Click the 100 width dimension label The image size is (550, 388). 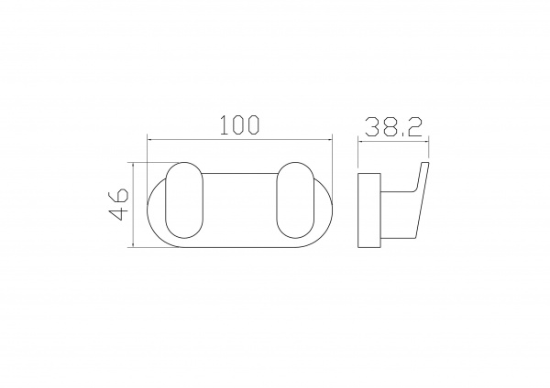coord(240,125)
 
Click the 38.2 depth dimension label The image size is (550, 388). coord(393,127)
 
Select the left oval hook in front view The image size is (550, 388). coord(184,200)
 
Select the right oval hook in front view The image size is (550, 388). coord(295,200)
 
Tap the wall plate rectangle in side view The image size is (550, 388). coord(369,210)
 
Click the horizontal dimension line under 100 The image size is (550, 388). coord(239,140)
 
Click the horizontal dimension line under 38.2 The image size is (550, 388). coord(393,141)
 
